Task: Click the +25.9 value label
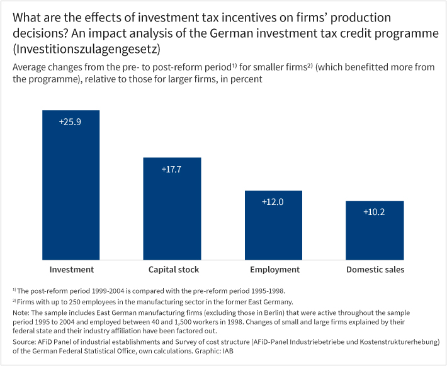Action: pyautogui.click(x=71, y=121)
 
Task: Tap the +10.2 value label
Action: pyautogui.click(x=375, y=212)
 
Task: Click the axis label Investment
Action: pyautogui.click(x=72, y=270)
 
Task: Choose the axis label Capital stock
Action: pyautogui.click(x=174, y=270)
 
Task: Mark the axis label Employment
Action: pyautogui.click(x=274, y=270)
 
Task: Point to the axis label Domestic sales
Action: pyautogui.click(x=375, y=270)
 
